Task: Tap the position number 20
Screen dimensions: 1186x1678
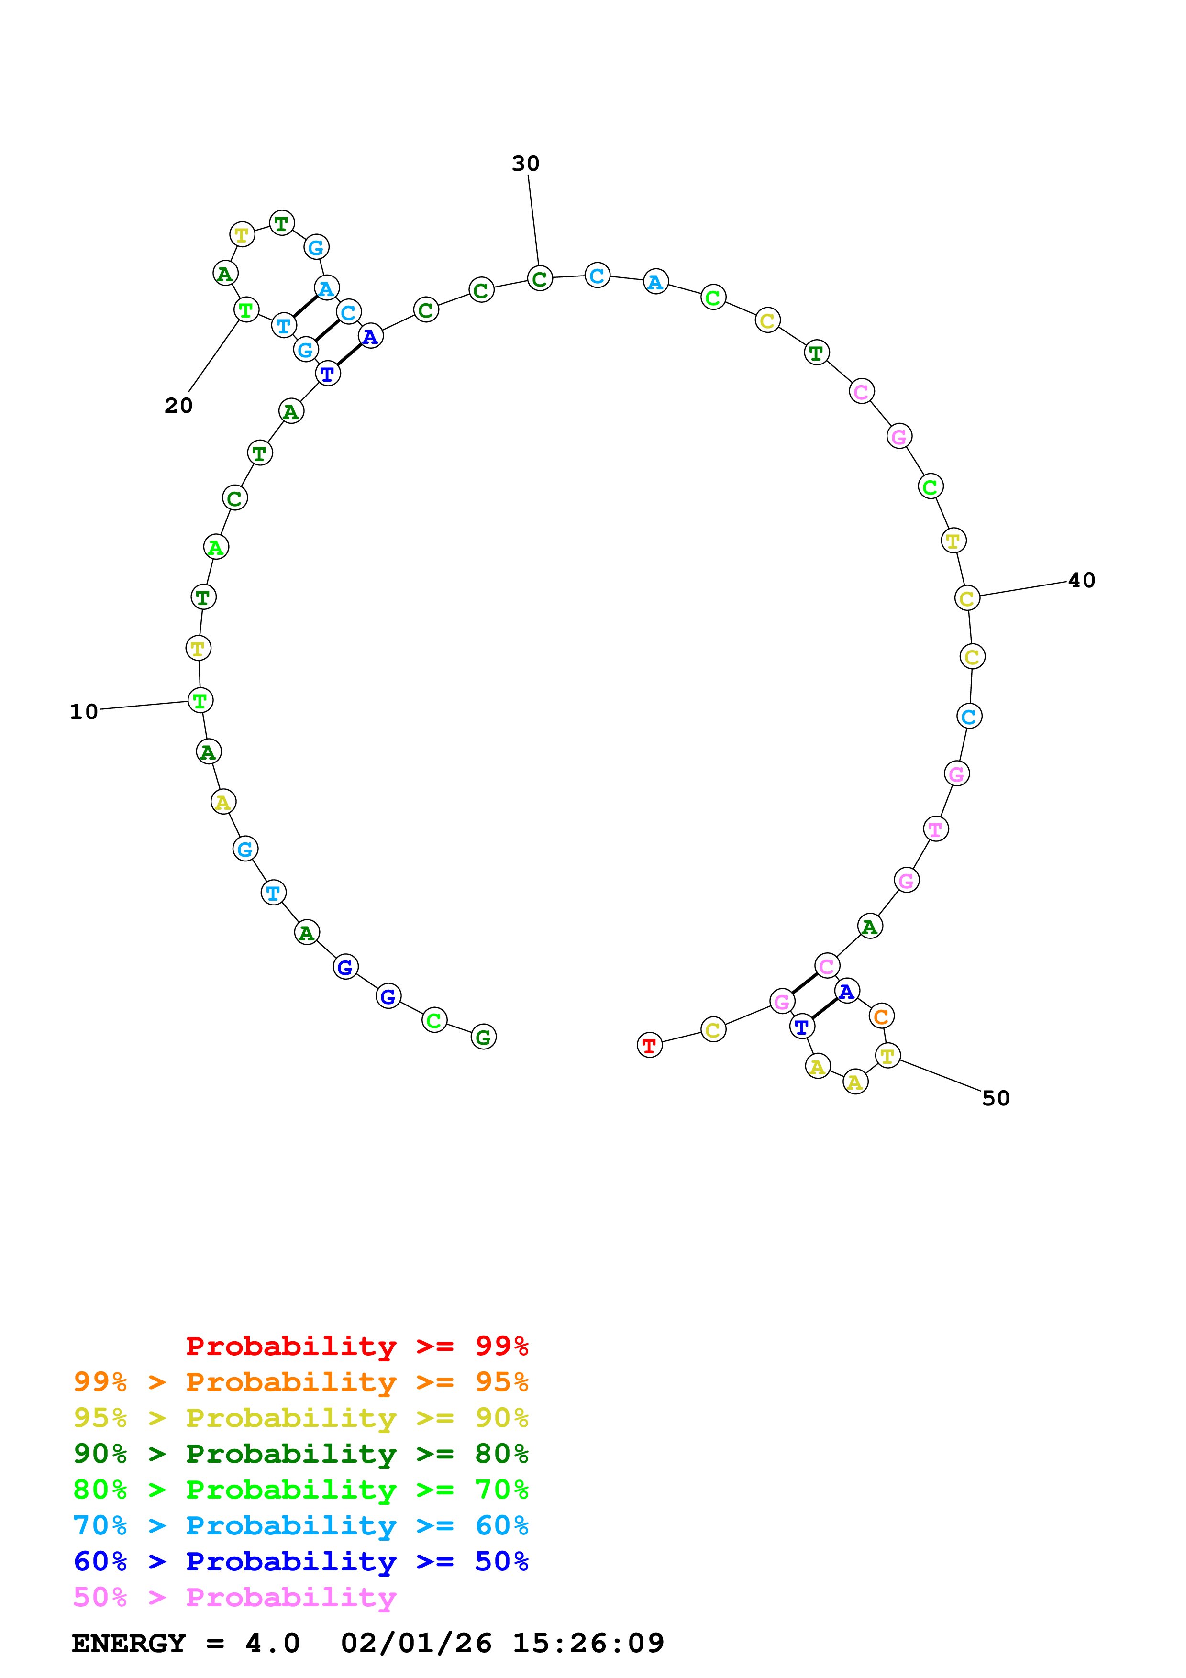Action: click(178, 406)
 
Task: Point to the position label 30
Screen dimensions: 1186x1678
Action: click(525, 164)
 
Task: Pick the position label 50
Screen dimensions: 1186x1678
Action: click(995, 1098)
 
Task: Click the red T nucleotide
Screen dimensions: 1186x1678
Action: click(649, 1045)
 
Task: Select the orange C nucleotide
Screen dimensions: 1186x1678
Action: click(881, 1016)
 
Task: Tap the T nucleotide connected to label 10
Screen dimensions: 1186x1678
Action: click(200, 700)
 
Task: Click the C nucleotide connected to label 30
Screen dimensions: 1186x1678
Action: click(539, 278)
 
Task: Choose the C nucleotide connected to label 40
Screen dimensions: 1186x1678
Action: click(967, 598)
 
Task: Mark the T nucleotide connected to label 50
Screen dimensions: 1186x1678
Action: click(887, 1056)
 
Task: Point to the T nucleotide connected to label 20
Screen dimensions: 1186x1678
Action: click(246, 310)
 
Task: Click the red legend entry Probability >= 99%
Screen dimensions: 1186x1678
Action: click(356, 1346)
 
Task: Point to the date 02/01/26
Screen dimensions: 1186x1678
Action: click(416, 1644)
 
